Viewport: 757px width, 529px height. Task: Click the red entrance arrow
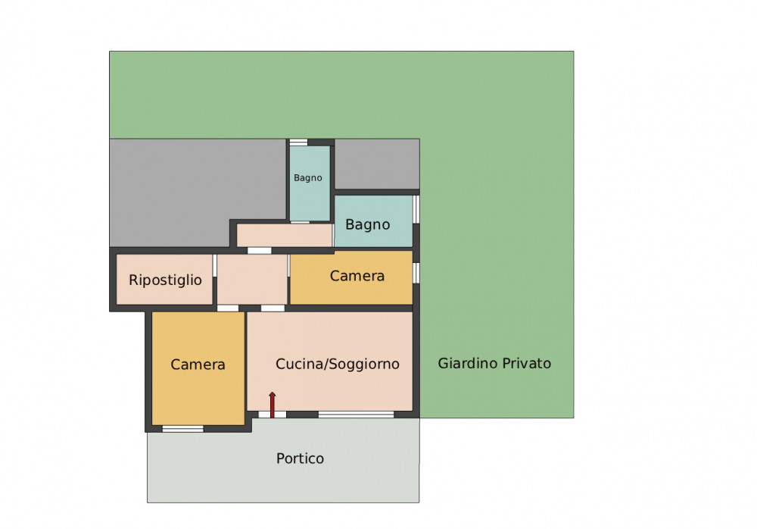tap(273, 405)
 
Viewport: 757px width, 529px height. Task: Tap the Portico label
tap(300, 459)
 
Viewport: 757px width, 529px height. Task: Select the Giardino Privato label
tap(494, 363)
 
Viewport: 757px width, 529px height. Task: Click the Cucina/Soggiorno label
tap(338, 364)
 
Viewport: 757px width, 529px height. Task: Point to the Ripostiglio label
tap(165, 280)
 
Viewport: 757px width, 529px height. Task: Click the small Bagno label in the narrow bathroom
tap(308, 178)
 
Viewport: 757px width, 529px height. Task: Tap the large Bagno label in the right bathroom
tap(367, 225)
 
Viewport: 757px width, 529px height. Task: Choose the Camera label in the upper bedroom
tap(357, 276)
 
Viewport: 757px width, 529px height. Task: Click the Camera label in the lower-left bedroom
tap(198, 365)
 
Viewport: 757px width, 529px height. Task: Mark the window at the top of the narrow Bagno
tap(298, 142)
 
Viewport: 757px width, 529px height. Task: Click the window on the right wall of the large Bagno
tap(416, 209)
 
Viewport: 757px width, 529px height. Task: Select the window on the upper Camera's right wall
tap(416, 273)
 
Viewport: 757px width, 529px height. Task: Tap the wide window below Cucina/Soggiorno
tap(357, 415)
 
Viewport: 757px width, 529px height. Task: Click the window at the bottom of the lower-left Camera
tap(183, 429)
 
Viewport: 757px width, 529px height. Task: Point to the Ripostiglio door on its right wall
tap(214, 265)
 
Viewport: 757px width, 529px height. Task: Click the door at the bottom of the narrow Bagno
tap(300, 222)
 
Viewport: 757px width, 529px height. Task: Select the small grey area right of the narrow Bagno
tap(377, 164)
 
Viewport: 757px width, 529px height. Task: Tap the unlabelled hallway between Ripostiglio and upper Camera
tap(252, 280)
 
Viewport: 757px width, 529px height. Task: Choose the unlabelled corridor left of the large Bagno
tap(285, 235)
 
